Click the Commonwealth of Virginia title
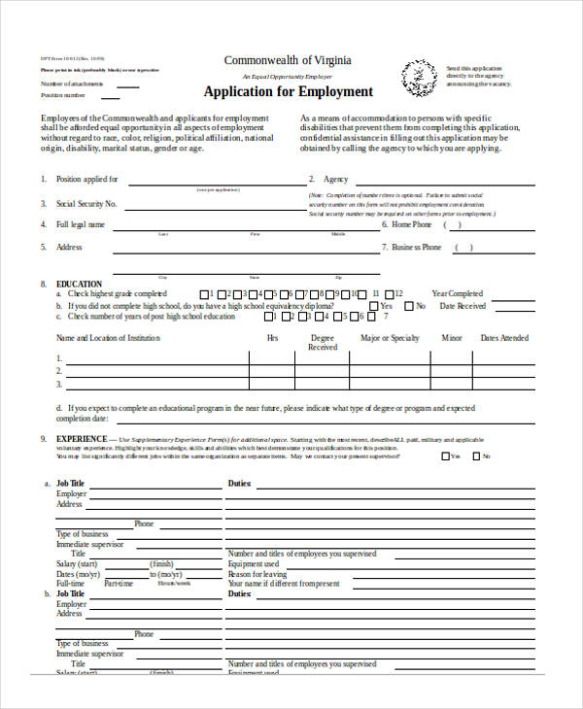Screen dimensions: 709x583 (289, 60)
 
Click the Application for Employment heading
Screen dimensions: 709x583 (289, 92)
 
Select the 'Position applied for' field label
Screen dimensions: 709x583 (87, 180)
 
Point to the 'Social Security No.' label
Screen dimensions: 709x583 (86, 204)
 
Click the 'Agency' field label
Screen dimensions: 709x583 (336, 180)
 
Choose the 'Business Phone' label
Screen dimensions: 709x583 (417, 248)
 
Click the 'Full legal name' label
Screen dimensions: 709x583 (81, 224)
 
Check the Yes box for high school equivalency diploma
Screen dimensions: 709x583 (373, 305)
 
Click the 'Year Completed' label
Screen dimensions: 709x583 (457, 293)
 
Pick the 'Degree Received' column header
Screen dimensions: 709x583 (323, 343)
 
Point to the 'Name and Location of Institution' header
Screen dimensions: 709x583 (108, 338)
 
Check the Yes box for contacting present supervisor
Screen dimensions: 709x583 (445, 456)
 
